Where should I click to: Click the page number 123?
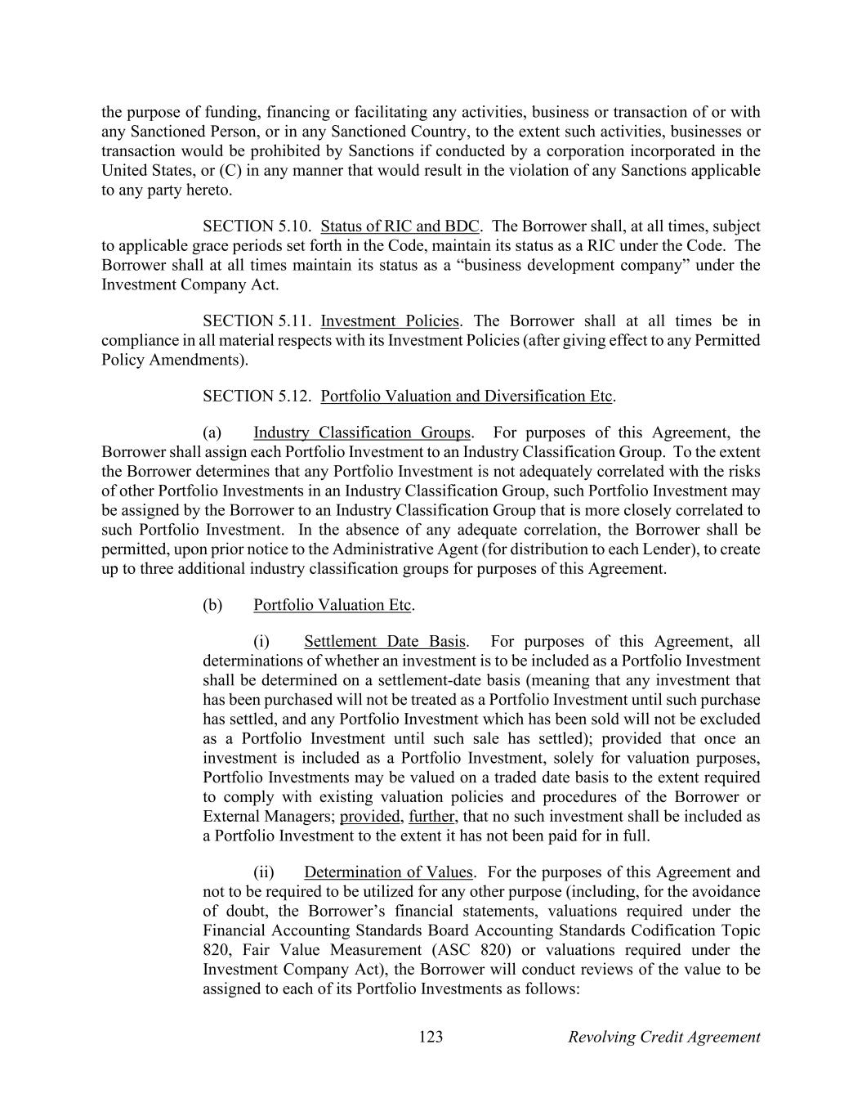pos(431,1037)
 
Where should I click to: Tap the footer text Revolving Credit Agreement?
pos(663,1037)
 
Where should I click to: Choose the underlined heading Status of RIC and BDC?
pos(400,226)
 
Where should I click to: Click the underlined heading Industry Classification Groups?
pos(362,433)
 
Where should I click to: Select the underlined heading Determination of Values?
pos(388,872)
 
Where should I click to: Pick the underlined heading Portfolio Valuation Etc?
pos(332,605)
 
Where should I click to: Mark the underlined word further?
pos(431,816)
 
